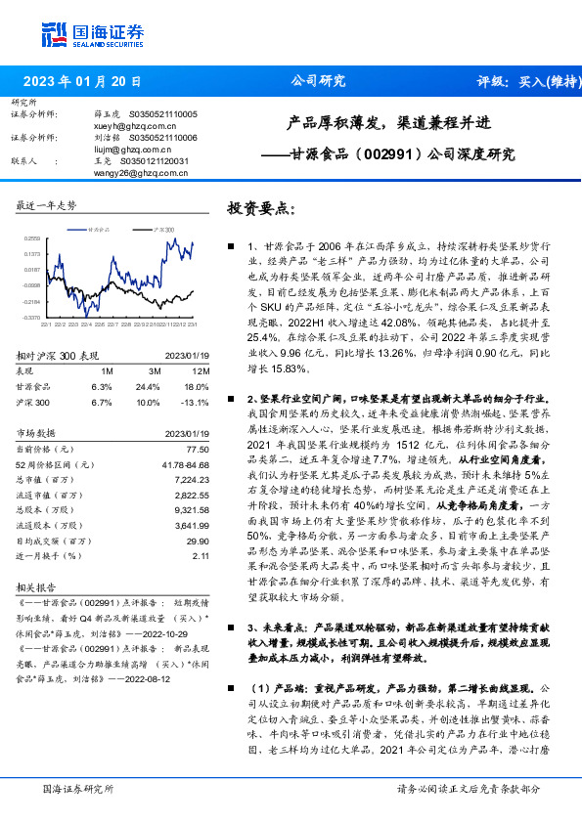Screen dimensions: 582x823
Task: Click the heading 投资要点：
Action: coord(260,208)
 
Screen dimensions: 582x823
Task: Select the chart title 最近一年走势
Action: coord(46,206)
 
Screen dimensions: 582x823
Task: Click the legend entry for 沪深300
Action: coord(163,227)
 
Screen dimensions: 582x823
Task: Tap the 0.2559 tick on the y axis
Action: coord(32,238)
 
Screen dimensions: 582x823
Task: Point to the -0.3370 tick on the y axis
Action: coord(32,317)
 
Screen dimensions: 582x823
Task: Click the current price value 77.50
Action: coord(197,448)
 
